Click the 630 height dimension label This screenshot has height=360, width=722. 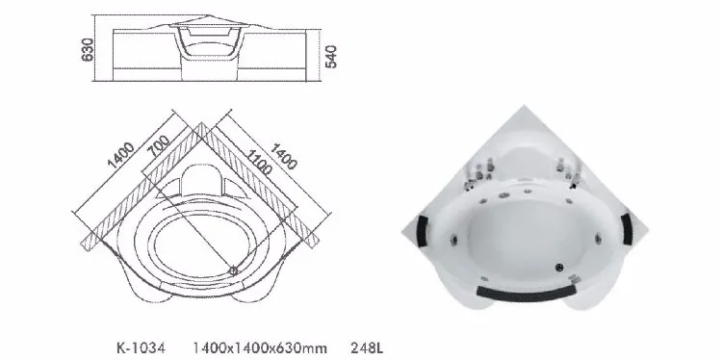pyautogui.click(x=88, y=49)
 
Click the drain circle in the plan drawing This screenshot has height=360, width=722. pyautogui.click(x=236, y=270)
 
